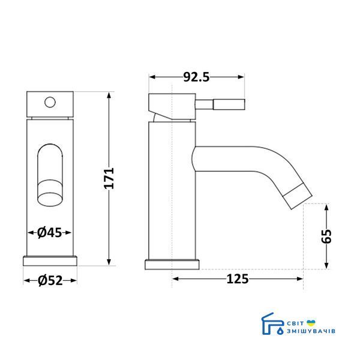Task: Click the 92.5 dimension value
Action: [x=196, y=77]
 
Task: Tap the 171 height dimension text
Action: [x=109, y=178]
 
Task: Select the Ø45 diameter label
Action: [x=49, y=233]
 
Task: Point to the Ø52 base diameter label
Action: [x=50, y=281]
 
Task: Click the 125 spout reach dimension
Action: [x=238, y=279]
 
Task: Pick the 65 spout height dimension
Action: [x=326, y=236]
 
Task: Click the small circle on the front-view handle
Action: [x=50, y=103]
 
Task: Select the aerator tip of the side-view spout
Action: [x=298, y=196]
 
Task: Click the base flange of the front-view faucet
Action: [x=50, y=261]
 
